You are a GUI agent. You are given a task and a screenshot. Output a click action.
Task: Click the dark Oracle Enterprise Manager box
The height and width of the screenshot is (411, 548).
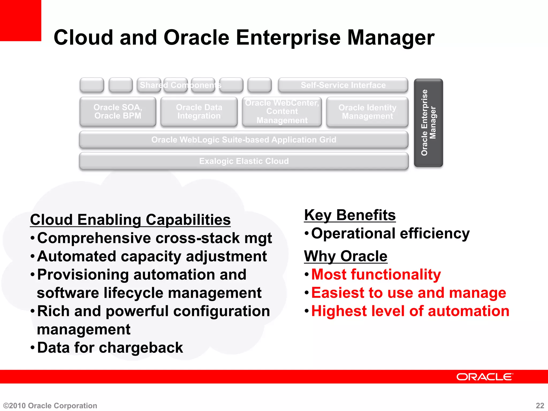click(x=428, y=123)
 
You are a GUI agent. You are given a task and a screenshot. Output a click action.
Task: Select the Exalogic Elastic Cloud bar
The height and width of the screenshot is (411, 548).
click(x=243, y=161)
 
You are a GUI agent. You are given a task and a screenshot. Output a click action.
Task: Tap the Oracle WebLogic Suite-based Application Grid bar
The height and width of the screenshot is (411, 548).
click(x=243, y=140)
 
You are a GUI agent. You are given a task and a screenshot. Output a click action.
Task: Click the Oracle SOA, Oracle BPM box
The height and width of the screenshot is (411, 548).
click(x=118, y=112)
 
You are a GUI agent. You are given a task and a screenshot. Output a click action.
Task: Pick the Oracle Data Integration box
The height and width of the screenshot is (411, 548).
click(x=199, y=112)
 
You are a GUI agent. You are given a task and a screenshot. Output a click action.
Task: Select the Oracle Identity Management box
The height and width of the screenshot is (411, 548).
click(x=367, y=112)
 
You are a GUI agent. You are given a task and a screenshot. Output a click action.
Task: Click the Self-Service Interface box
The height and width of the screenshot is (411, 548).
click(x=343, y=85)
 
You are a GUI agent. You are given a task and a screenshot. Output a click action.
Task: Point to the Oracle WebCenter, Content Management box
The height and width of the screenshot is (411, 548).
click(x=282, y=112)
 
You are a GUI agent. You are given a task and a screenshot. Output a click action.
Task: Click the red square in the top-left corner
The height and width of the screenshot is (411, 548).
click(x=20, y=20)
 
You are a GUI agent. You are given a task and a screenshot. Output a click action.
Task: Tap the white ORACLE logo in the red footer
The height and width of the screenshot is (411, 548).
click(x=485, y=377)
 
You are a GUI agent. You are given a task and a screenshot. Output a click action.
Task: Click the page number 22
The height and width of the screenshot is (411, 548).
click(x=540, y=405)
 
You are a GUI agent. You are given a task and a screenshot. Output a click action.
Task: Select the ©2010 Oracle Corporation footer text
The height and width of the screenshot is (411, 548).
click(x=50, y=406)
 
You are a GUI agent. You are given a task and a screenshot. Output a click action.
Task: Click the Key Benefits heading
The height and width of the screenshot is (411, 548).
click(x=350, y=215)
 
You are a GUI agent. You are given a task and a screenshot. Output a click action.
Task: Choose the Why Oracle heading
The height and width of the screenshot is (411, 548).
click(x=345, y=256)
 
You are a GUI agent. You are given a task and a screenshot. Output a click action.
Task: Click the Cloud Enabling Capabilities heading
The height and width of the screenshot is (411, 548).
click(x=130, y=220)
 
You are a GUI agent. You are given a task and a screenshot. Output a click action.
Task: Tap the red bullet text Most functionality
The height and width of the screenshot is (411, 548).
click(x=376, y=275)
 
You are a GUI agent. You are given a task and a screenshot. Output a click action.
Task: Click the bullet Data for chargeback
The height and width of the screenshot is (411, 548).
click(x=110, y=348)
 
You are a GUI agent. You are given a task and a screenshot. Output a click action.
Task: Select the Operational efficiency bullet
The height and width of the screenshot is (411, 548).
click(x=390, y=233)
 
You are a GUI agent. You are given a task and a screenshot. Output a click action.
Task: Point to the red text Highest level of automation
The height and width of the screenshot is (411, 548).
click(x=410, y=311)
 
